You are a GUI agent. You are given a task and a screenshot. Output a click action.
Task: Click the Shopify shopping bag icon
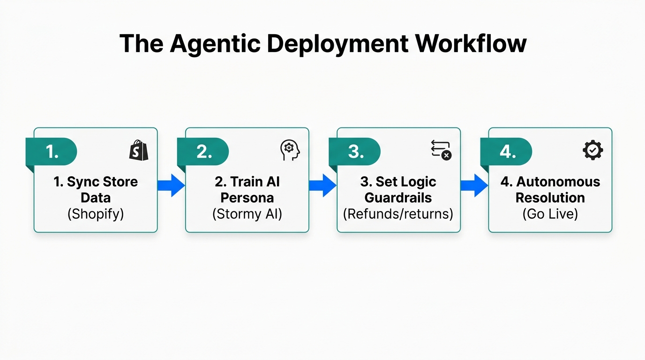click(139, 150)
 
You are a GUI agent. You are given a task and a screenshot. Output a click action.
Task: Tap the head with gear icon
click(290, 150)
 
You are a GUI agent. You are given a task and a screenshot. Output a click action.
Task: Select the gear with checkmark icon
click(592, 150)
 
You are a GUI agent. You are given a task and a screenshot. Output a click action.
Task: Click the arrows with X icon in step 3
click(441, 150)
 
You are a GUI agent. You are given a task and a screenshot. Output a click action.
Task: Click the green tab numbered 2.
click(204, 151)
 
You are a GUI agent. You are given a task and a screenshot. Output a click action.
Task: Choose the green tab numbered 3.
click(356, 151)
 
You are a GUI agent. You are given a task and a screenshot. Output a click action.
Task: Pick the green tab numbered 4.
click(507, 151)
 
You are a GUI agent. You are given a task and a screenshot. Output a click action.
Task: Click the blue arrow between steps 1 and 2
click(171, 185)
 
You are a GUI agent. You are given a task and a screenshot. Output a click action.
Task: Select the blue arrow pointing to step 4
click(474, 185)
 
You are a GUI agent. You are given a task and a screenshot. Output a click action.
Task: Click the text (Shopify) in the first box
click(96, 214)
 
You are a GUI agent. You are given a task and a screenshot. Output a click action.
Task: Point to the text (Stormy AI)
click(247, 214)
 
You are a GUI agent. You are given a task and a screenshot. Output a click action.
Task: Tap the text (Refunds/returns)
click(398, 214)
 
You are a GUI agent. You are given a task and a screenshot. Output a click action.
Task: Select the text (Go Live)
click(550, 214)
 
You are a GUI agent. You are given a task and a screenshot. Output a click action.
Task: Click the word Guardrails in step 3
click(398, 197)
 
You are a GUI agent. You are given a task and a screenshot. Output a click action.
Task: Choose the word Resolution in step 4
click(550, 197)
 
